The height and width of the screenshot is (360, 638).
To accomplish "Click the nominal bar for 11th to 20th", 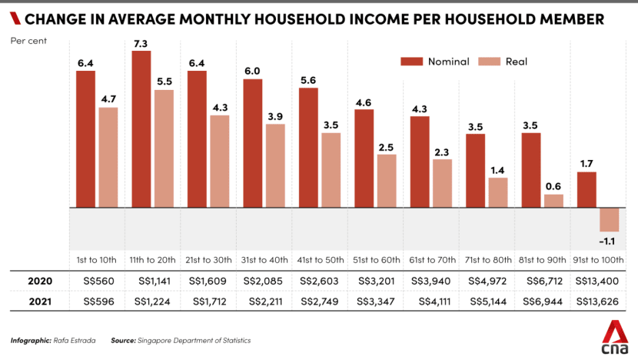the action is [141, 129].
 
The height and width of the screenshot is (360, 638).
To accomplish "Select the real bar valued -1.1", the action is [609, 219].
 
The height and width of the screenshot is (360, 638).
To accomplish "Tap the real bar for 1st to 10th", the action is [108, 157].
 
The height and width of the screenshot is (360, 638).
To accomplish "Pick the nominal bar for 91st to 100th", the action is [586, 190].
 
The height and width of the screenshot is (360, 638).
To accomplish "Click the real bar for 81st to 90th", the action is [553, 201].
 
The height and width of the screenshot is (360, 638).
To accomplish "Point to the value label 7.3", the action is [141, 44].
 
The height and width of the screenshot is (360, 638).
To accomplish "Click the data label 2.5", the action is [386, 148].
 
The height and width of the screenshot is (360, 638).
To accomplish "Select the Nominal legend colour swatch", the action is [412, 62].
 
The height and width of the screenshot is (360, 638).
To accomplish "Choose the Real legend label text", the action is [517, 62].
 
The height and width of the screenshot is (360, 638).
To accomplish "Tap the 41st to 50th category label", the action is [321, 260].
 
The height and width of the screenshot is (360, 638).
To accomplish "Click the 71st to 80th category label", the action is [488, 260].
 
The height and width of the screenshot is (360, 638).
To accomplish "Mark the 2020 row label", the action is [40, 281].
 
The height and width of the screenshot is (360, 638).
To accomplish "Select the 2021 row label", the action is [40, 302].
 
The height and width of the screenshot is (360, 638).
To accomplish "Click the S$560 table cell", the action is [99, 281].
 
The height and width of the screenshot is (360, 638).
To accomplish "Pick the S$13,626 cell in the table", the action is [597, 302].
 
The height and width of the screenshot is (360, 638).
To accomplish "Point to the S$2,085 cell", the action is [262, 281].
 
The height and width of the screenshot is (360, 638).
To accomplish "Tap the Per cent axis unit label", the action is [28, 41].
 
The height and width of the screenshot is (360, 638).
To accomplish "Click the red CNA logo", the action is [615, 337].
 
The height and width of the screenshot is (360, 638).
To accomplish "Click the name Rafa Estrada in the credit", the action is [75, 341].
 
